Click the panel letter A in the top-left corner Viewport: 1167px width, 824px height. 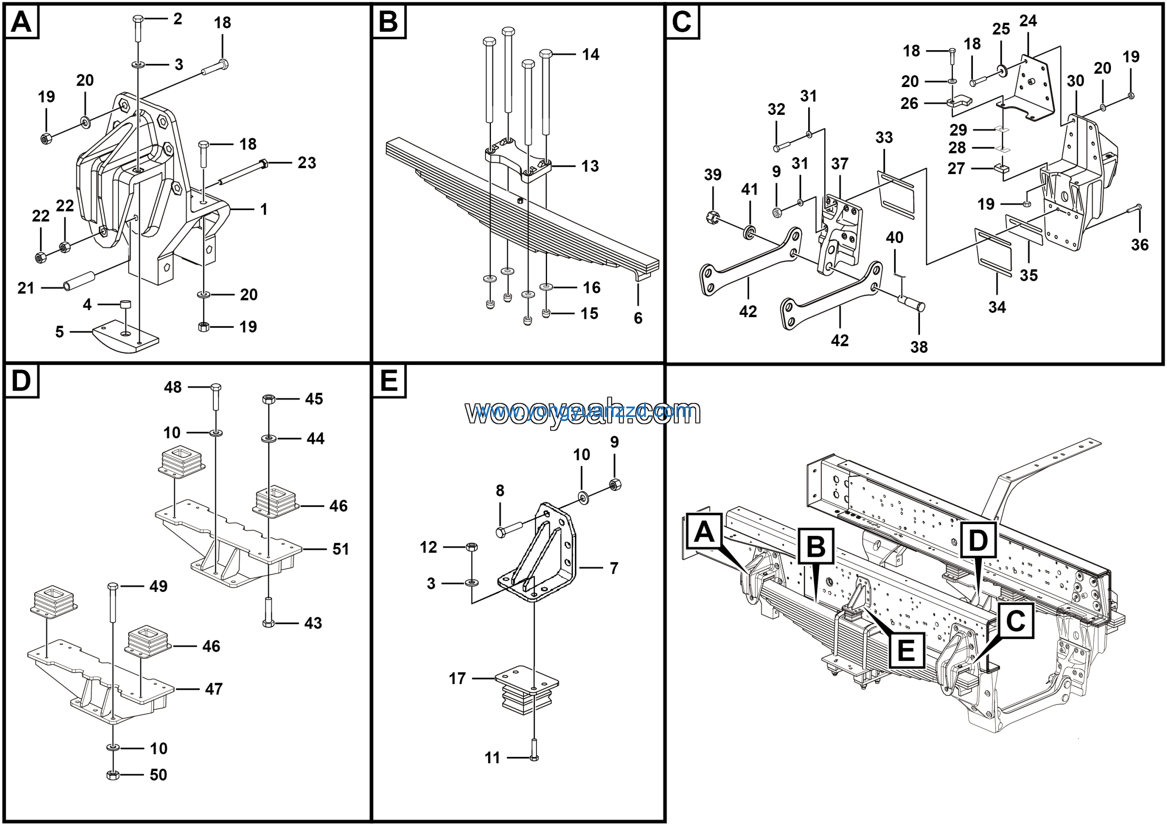point(21,22)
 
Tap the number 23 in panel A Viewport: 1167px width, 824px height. point(306,163)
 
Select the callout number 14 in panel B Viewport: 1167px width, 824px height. point(591,54)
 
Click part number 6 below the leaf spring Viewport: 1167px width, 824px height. point(638,318)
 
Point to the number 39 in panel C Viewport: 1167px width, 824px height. point(713,175)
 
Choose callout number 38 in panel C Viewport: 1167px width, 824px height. point(919,347)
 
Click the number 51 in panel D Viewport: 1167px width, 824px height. point(341,549)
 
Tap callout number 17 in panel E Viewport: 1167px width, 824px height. point(457,678)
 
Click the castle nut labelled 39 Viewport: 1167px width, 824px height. point(713,218)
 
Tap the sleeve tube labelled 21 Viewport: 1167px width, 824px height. point(80,281)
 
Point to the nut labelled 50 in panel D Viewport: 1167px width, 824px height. point(113,775)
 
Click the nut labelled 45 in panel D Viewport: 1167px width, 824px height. point(269,399)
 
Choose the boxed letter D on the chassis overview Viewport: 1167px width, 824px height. point(978,540)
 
